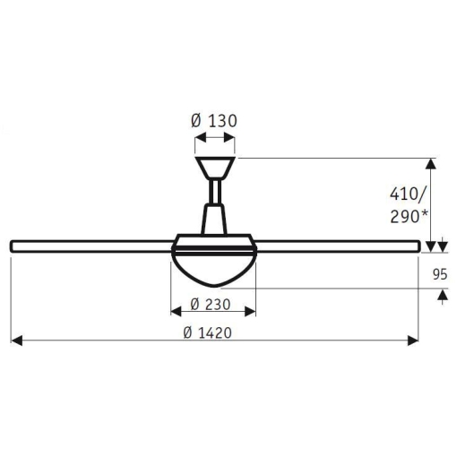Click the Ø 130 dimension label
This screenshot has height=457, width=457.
214,121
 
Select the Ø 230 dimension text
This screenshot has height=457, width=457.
211,305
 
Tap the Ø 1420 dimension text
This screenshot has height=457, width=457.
207,332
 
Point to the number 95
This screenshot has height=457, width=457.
440,274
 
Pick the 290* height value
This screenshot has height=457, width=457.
409,217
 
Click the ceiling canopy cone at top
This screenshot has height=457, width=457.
214,168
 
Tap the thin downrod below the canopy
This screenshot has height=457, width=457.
215,191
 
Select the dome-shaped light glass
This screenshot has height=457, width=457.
213,270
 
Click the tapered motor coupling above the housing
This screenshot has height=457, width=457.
214,219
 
